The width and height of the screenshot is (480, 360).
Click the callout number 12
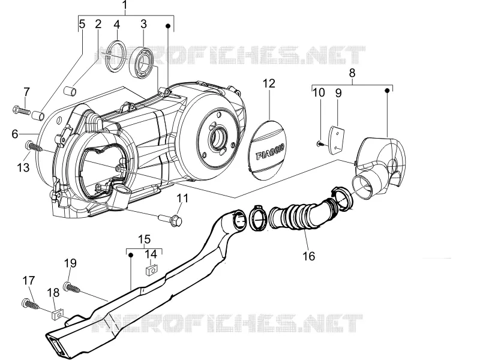[269, 83]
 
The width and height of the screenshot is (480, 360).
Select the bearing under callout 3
[142, 62]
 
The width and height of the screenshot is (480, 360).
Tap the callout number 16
[308, 256]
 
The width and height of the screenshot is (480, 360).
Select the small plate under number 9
[336, 142]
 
